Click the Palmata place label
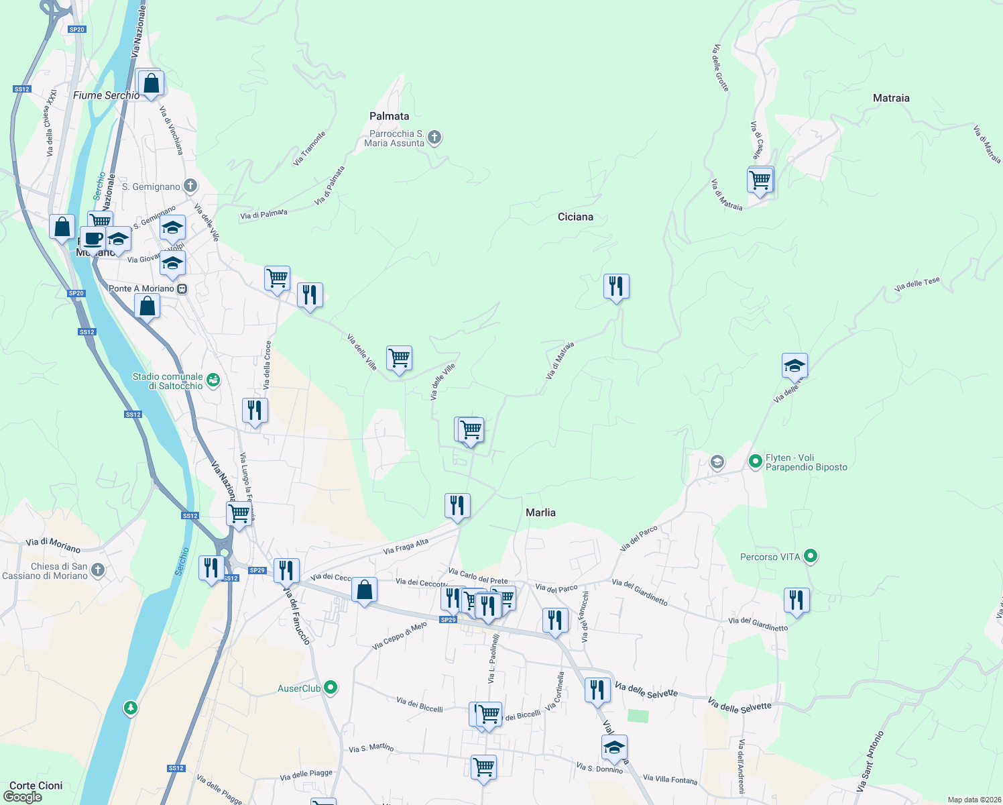point(389,116)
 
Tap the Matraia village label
point(891,98)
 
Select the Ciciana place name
point(575,217)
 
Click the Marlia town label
point(540,513)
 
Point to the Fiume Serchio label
point(106,95)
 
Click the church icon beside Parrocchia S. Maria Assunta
point(434,138)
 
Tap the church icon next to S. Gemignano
point(190,186)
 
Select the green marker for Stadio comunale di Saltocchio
point(213,380)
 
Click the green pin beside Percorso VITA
point(811,556)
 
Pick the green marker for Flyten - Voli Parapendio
point(756,461)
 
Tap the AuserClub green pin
point(330,688)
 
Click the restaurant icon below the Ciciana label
point(615,286)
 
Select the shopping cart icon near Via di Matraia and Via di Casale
point(760,180)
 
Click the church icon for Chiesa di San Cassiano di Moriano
point(98,570)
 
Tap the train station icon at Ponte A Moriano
point(182,289)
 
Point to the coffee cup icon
point(93,239)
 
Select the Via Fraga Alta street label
point(406,547)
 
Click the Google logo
point(22,797)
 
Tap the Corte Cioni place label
point(36,786)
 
